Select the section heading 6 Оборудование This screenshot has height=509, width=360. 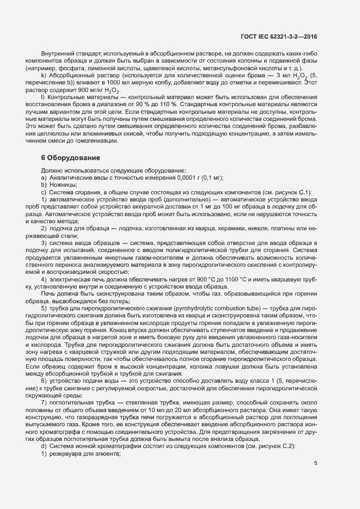click(70, 158)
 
